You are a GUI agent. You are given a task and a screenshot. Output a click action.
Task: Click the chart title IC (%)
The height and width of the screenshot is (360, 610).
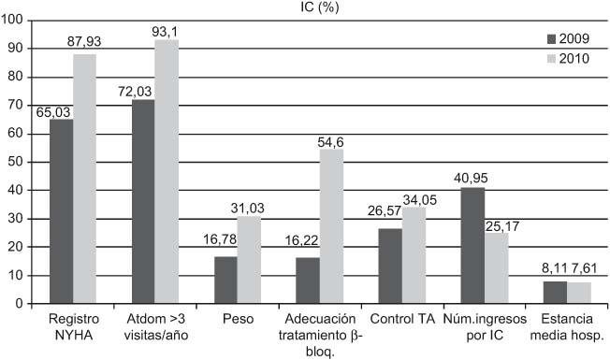tap(319, 7)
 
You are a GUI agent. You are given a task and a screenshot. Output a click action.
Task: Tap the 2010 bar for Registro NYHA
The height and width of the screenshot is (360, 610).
tap(83, 179)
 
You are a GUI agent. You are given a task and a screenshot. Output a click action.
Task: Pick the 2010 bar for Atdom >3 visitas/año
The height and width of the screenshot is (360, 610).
tap(166, 171)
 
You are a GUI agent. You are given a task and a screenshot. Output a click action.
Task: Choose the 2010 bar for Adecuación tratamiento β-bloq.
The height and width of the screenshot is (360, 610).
tap(331, 226)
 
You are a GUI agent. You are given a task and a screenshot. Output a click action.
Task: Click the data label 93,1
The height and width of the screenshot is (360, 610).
tap(166, 32)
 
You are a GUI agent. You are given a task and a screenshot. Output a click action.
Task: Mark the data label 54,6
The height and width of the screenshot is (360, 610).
tap(332, 141)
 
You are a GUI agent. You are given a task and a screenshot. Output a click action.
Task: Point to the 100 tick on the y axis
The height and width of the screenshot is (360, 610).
tap(15, 20)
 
